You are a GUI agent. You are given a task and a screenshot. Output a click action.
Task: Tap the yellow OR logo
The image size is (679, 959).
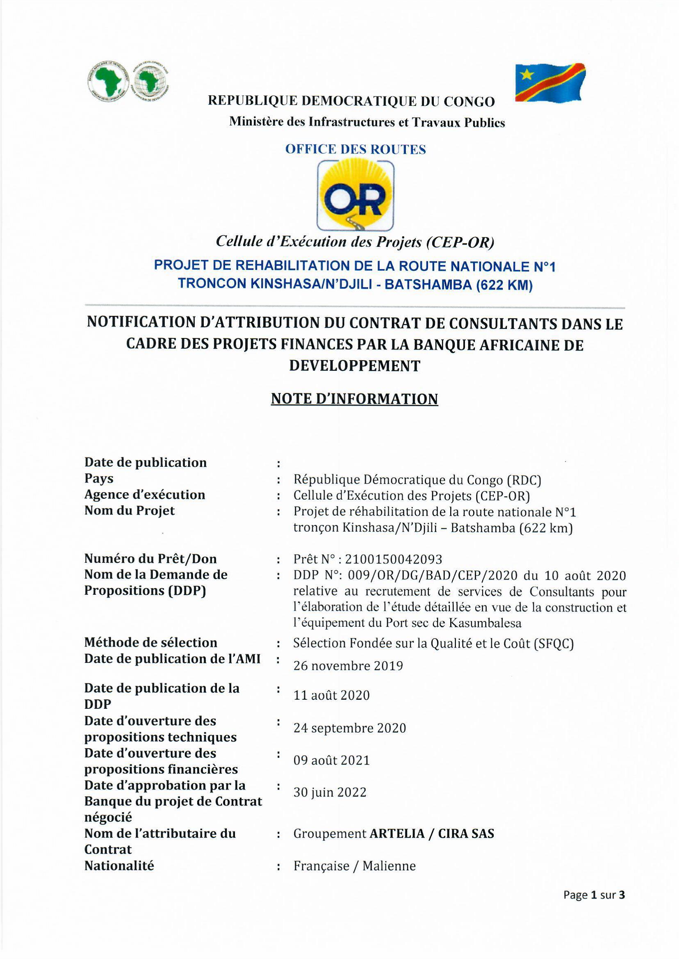[x=355, y=195]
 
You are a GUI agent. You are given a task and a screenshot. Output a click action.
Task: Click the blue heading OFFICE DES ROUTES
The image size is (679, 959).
[x=355, y=149]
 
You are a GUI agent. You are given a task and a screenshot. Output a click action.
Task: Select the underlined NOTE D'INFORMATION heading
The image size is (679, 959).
[x=354, y=399]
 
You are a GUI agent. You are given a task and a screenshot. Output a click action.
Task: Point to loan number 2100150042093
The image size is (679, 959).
[x=393, y=559]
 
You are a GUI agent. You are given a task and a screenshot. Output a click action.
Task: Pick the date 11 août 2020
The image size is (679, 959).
[x=331, y=695]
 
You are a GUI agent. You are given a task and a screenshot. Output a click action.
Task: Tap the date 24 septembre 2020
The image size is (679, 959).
[x=349, y=728]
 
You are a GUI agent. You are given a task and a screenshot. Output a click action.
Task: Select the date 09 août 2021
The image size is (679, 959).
[x=332, y=760]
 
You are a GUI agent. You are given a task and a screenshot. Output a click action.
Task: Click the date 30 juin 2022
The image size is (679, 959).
[x=330, y=792]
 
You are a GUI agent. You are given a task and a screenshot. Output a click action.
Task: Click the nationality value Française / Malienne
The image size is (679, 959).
[x=354, y=866]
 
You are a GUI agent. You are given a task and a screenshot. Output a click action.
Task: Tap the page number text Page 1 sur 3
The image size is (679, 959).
[x=594, y=895]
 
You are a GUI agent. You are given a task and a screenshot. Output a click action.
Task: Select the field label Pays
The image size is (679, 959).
[x=99, y=478]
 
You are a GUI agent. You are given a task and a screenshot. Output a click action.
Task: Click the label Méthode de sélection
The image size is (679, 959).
[x=150, y=642]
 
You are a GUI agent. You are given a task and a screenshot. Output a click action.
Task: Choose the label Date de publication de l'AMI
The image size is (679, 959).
[x=172, y=659]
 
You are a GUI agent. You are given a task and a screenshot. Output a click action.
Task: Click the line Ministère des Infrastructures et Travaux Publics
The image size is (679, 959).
[x=367, y=122]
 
